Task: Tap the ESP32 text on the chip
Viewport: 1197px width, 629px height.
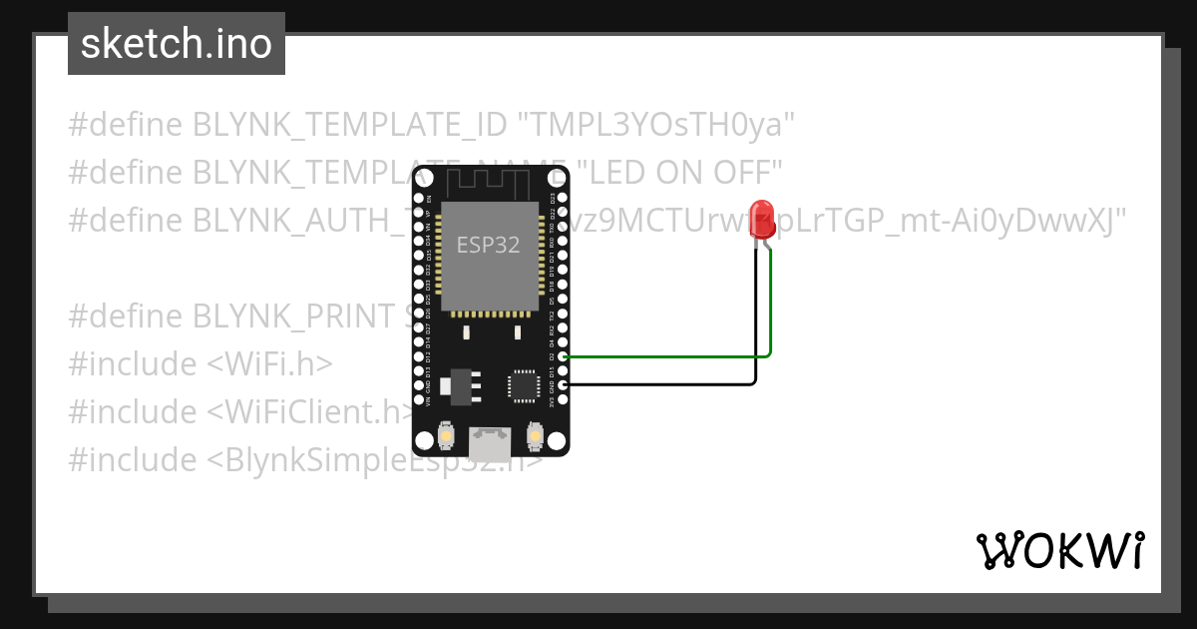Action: click(x=488, y=245)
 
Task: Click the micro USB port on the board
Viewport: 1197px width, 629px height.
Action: click(x=491, y=438)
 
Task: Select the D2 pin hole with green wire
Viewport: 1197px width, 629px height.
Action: click(x=564, y=355)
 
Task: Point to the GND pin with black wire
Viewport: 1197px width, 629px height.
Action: click(x=564, y=384)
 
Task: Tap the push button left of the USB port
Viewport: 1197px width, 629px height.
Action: click(x=446, y=436)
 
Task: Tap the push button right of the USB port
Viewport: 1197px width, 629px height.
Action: click(x=535, y=436)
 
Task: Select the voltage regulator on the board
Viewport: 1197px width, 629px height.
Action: click(x=461, y=384)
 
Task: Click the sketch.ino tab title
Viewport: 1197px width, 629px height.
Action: click(x=176, y=44)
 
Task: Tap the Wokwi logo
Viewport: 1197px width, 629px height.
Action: click(x=1059, y=550)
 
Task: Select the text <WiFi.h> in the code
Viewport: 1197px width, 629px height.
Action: click(x=269, y=364)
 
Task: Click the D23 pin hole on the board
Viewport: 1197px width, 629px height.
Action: click(x=564, y=198)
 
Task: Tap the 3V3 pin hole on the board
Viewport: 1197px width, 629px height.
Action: click(x=564, y=399)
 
